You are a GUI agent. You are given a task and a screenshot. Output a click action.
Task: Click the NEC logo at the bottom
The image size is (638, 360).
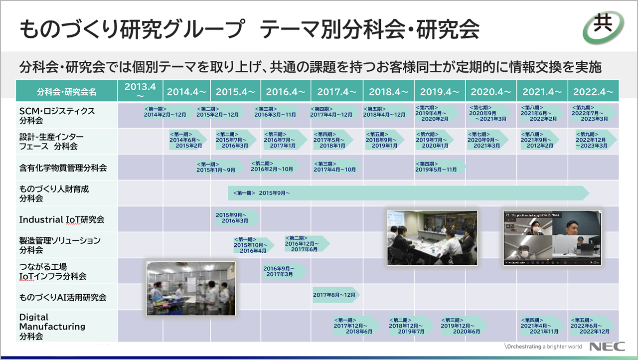tap(607, 347)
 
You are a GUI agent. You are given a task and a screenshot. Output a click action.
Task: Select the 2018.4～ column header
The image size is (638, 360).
tap(388, 92)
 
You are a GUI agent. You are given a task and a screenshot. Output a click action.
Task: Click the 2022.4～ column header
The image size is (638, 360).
tap(593, 92)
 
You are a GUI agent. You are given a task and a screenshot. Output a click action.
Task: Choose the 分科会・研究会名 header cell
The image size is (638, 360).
tap(67, 92)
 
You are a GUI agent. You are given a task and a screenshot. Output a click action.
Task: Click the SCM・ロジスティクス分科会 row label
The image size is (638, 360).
tap(57, 116)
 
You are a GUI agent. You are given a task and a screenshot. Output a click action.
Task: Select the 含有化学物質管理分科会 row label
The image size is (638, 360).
tap(63, 168)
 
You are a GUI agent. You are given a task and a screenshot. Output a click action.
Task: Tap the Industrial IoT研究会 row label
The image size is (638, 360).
tap(61, 220)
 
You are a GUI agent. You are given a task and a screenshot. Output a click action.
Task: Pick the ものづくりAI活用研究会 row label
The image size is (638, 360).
tap(63, 298)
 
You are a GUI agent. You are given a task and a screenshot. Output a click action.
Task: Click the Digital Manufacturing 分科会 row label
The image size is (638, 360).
tap(52, 327)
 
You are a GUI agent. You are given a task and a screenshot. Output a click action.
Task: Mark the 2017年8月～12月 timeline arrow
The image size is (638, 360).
tap(335, 295)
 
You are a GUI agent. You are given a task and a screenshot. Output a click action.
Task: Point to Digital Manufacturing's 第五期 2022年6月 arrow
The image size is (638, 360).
tap(592, 326)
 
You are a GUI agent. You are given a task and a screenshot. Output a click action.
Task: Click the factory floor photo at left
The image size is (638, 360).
tap(190, 288)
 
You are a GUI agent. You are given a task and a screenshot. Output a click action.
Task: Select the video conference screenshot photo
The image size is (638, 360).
tap(552, 237)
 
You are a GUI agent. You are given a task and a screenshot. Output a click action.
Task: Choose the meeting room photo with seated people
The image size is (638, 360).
tap(432, 237)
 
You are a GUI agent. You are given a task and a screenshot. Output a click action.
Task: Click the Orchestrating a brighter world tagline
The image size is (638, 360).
tap(543, 347)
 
